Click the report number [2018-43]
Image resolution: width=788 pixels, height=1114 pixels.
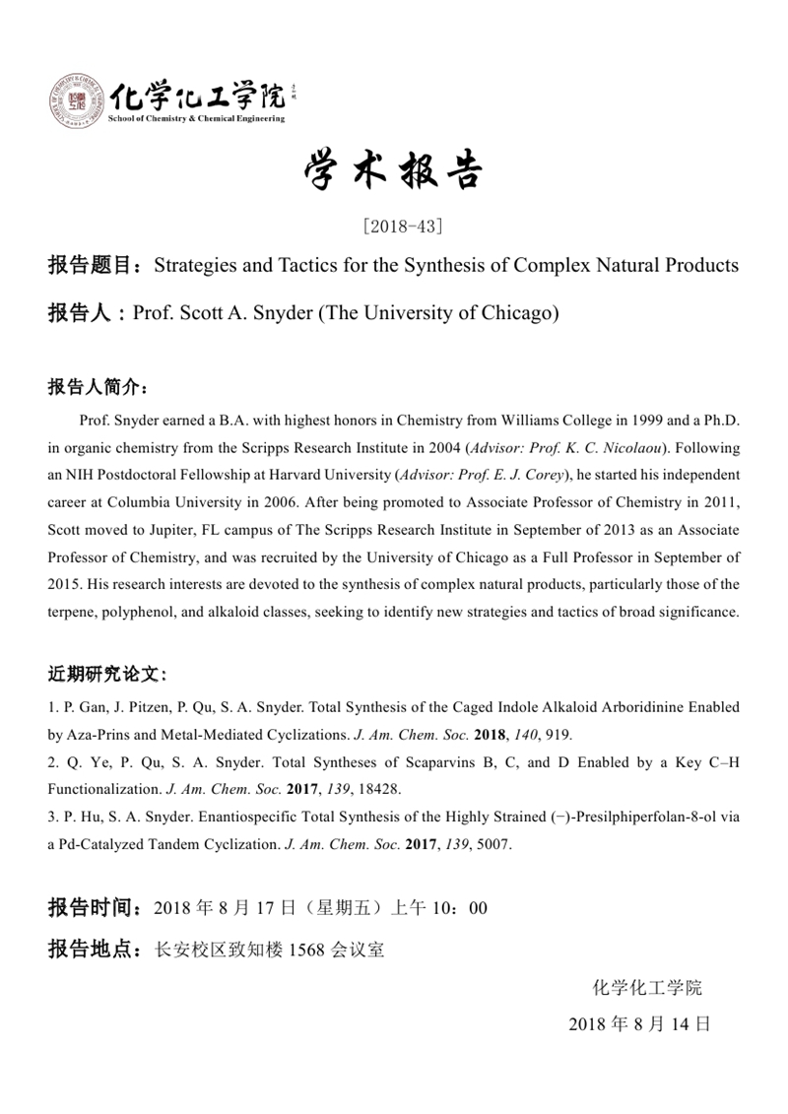coord(403,226)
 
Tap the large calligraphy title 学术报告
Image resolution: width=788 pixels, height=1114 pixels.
coord(393,173)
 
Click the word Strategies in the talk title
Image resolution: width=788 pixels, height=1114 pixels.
coord(197,266)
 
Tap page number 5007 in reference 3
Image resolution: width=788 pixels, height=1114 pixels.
coord(491,844)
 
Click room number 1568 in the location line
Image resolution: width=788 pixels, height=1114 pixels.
coord(305,950)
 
